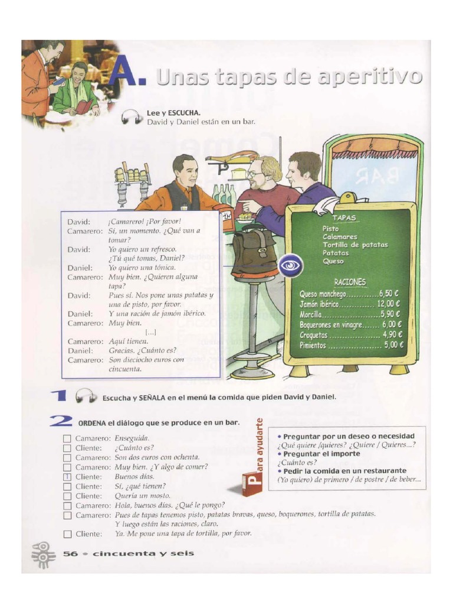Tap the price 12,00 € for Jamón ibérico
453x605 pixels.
pyautogui.click(x=389, y=304)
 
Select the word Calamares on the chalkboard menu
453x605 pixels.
pyautogui.click(x=340, y=236)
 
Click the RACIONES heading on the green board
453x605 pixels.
pyautogui.click(x=350, y=282)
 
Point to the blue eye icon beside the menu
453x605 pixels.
pyautogui.click(x=290, y=265)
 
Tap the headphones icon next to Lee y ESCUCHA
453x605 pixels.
pyautogui.click(x=132, y=118)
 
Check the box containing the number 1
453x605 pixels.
pyautogui.click(x=67, y=477)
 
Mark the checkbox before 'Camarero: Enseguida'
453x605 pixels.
pyautogui.click(x=67, y=438)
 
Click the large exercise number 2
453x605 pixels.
pyautogui.click(x=61, y=421)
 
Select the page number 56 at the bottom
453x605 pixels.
pyautogui.click(x=70, y=554)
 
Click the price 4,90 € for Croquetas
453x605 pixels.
pyautogui.click(x=392, y=335)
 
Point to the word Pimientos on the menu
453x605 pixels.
pyautogui.click(x=313, y=346)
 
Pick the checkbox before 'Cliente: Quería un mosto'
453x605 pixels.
pyautogui.click(x=67, y=496)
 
